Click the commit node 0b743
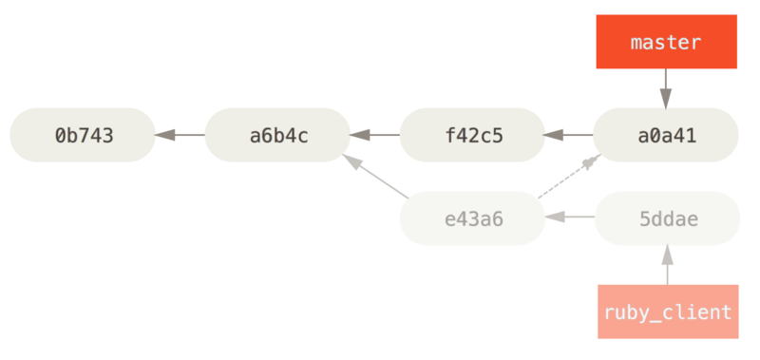click(83, 135)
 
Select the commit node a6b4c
click(277, 135)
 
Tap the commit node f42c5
click(472, 135)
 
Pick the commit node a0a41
click(666, 135)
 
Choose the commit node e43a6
click(472, 218)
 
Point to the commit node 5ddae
click(666, 218)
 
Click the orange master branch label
click(666, 43)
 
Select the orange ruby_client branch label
click(667, 311)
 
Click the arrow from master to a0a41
click(666, 88)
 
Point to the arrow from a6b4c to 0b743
click(180, 135)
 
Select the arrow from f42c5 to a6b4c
click(374, 135)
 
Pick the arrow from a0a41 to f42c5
click(568, 135)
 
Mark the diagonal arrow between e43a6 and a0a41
click(568, 178)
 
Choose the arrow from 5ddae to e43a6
click(569, 218)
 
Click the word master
click(666, 43)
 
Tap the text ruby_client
click(667, 312)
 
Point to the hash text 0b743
click(83, 135)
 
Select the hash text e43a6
click(472, 218)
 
